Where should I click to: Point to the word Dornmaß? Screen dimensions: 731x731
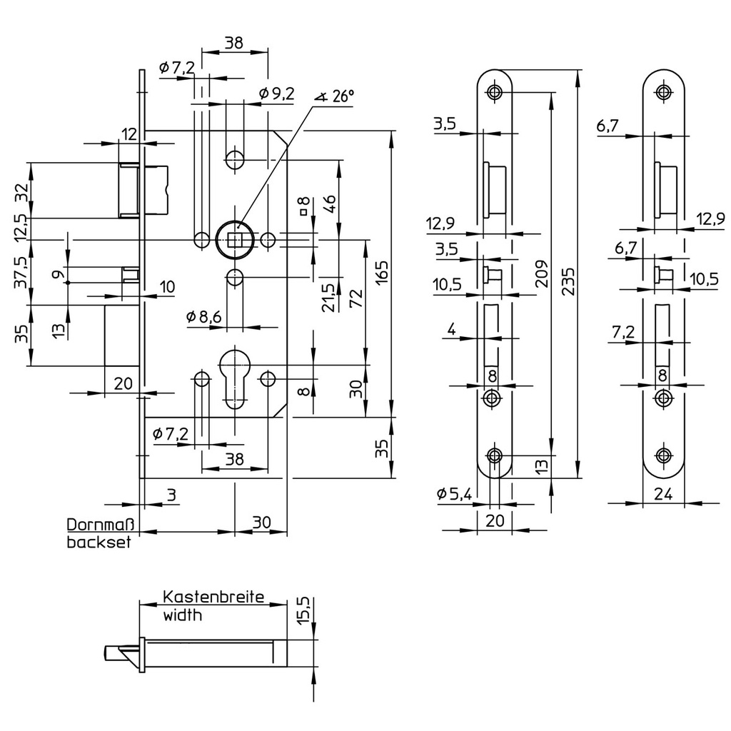(101, 525)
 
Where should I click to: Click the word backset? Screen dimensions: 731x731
(99, 543)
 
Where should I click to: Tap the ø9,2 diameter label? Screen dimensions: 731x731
(277, 94)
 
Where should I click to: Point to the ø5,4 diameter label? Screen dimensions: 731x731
(455, 493)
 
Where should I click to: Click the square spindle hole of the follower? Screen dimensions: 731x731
(234, 239)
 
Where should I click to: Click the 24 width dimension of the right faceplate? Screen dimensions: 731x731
(664, 493)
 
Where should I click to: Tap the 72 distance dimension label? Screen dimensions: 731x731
(356, 296)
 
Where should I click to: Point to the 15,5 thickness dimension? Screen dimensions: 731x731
(303, 611)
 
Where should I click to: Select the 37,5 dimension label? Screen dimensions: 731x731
(21, 271)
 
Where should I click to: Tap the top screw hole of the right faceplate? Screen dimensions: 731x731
(665, 92)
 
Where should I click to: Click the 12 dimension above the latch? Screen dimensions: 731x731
(128, 133)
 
